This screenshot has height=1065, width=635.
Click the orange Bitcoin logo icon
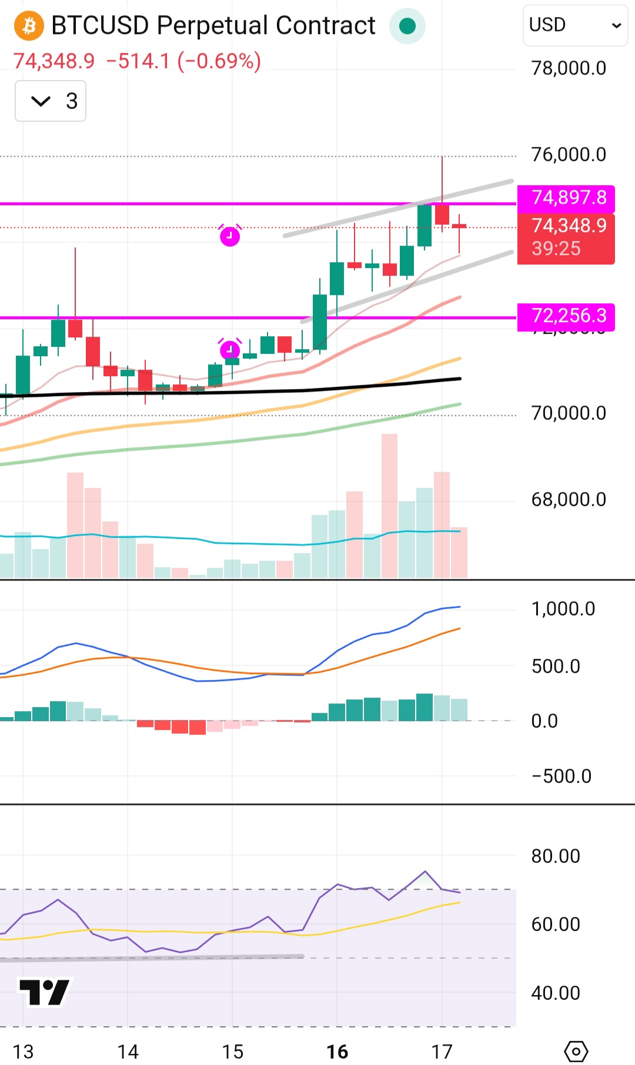(29, 26)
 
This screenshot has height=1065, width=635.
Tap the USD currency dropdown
(575, 25)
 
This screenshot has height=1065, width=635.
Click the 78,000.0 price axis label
(569, 68)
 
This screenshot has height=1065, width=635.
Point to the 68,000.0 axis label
(569, 500)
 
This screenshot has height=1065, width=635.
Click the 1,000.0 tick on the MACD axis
(563, 609)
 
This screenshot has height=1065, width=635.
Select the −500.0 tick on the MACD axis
(562, 776)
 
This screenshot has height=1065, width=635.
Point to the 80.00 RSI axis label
(556, 856)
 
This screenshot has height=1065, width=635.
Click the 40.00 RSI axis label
(556, 993)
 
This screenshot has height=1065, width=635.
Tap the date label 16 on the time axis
(337, 1051)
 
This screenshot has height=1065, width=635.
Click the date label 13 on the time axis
(23, 1051)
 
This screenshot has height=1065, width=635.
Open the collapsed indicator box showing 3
(51, 101)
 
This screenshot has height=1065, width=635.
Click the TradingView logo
(45, 992)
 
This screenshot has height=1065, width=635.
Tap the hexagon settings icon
(576, 1051)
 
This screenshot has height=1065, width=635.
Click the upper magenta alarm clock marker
(230, 236)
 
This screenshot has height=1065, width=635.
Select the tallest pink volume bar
(389, 505)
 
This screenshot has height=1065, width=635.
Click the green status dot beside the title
(407, 26)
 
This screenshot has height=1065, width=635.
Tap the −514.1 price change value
(138, 61)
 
